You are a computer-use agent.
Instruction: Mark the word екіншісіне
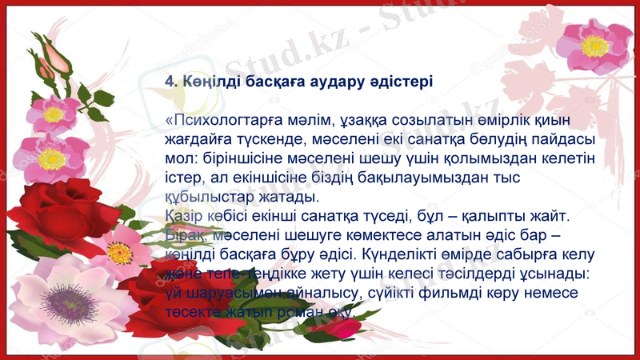(274, 178)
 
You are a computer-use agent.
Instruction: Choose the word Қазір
(182, 215)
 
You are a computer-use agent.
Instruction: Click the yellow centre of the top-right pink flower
(594, 46)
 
